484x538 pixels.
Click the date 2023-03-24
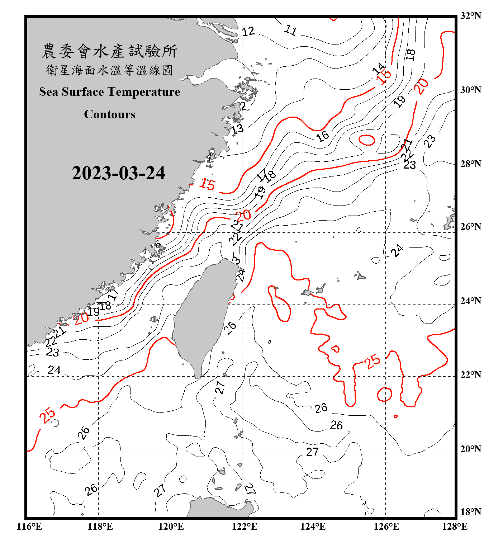(118, 173)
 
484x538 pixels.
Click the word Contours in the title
(110, 114)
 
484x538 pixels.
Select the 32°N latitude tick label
(470, 16)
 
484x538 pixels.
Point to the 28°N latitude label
(470, 164)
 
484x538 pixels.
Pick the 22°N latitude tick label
(470, 375)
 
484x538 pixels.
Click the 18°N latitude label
(470, 512)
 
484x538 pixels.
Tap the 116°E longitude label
(29, 527)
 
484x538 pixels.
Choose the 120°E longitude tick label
(171, 527)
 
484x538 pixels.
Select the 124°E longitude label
(313, 527)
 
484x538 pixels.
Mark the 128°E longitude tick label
(455, 527)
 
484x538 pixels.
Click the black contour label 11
(290, 30)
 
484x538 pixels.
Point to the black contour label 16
(322, 136)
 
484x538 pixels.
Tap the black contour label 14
(378, 68)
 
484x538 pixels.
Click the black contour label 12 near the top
(248, 31)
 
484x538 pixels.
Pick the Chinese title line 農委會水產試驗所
(110, 51)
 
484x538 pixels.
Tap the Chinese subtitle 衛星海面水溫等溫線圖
(109, 70)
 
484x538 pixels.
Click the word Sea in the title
(49, 92)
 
